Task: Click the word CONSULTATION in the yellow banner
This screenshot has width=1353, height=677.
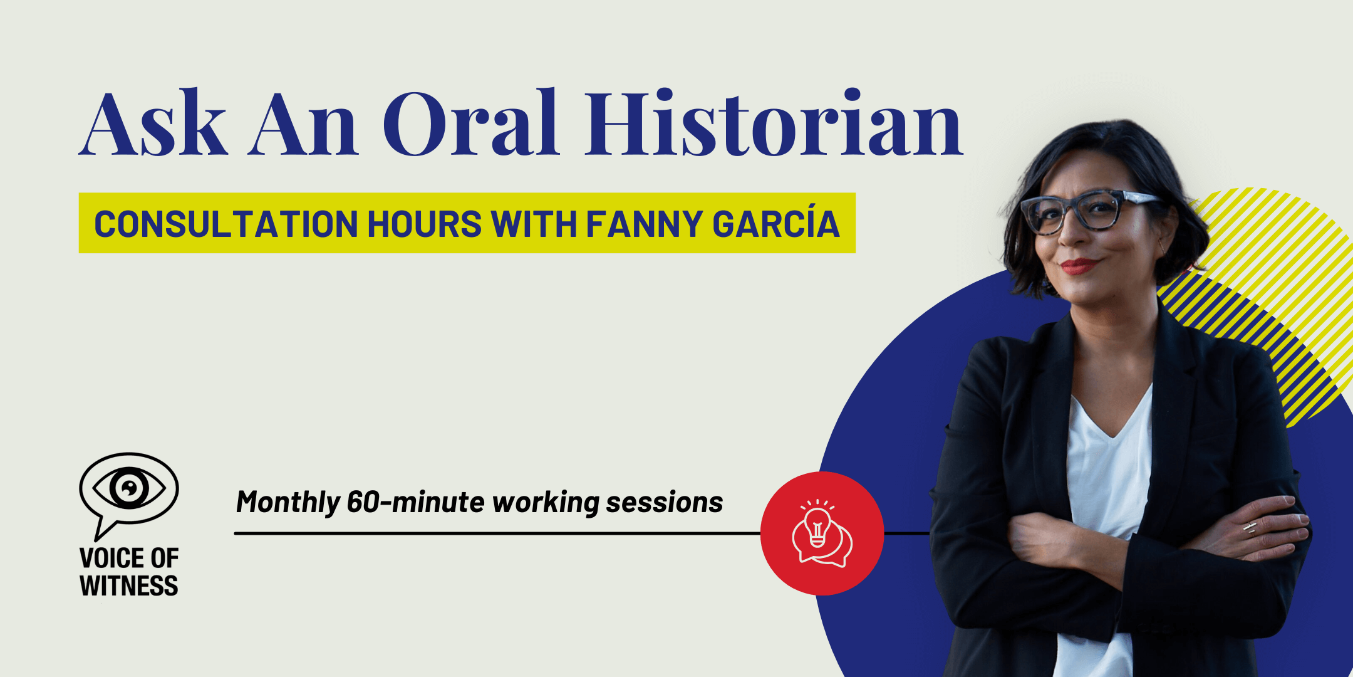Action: coord(226,224)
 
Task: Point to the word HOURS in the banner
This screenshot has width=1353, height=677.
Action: coord(425,224)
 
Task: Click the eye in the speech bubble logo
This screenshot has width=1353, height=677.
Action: coord(129,488)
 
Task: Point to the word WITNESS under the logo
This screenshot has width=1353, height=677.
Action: coord(129,585)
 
